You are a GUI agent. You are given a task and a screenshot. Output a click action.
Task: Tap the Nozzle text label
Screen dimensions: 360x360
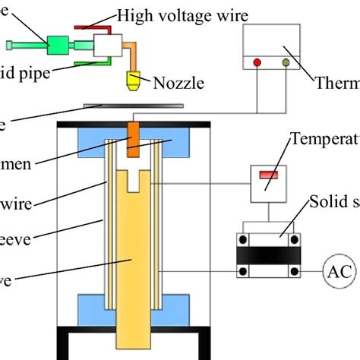178,83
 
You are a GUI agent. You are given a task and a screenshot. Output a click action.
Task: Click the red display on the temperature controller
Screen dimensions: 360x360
270,175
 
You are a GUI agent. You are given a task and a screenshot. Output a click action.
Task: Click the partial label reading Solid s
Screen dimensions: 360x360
334,202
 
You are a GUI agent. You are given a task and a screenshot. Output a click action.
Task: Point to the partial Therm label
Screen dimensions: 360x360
337,82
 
